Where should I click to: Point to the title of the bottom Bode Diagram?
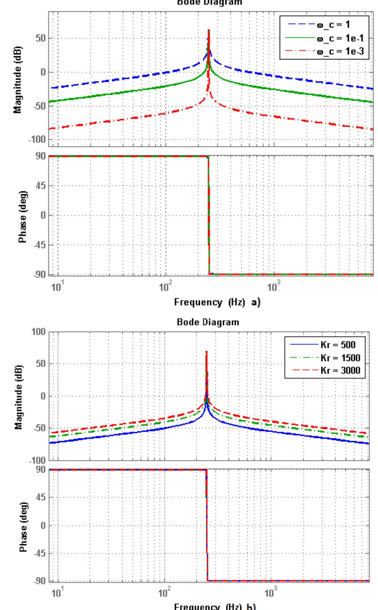208,322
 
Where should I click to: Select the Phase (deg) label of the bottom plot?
23,525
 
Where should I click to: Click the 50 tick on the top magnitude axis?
40,39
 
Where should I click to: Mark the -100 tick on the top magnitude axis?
37,139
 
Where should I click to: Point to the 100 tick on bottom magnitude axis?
40,332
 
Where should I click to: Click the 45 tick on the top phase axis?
41,186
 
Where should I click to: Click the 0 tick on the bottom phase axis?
43,525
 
